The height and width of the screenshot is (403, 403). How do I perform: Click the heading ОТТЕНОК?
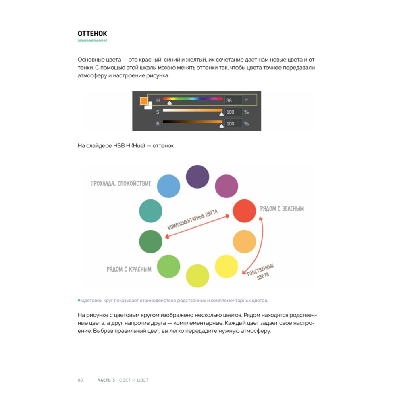[92, 34]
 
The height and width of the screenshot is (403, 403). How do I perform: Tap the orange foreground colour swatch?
[144, 100]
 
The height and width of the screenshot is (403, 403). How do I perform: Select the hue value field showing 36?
[233, 100]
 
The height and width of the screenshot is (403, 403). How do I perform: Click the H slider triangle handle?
[169, 103]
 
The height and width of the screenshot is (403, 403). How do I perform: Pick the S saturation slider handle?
[221, 114]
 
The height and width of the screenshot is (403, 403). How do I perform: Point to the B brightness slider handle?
[221, 126]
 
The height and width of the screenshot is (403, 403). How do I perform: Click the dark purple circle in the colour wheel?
[197, 177]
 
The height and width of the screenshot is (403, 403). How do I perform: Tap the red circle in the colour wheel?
[244, 211]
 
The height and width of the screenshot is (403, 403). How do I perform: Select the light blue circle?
[168, 186]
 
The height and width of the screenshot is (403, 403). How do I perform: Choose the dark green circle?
[151, 241]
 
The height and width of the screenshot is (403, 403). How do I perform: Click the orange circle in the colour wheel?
[244, 241]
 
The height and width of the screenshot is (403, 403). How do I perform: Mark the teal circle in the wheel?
[151, 211]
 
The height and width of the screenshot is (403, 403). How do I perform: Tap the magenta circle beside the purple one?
[226, 186]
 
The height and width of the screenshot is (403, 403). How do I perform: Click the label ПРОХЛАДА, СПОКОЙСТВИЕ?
[121, 183]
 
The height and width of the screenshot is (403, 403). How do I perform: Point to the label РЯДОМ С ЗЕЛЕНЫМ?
[282, 208]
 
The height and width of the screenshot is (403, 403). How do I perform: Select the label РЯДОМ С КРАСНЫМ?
[129, 269]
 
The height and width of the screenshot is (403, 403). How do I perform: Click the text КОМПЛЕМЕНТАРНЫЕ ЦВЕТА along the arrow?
[193, 219]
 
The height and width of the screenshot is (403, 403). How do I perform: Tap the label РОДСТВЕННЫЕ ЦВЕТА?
[261, 272]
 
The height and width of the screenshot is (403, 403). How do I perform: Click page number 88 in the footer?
[80, 380]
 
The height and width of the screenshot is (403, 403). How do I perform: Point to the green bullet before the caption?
[79, 300]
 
